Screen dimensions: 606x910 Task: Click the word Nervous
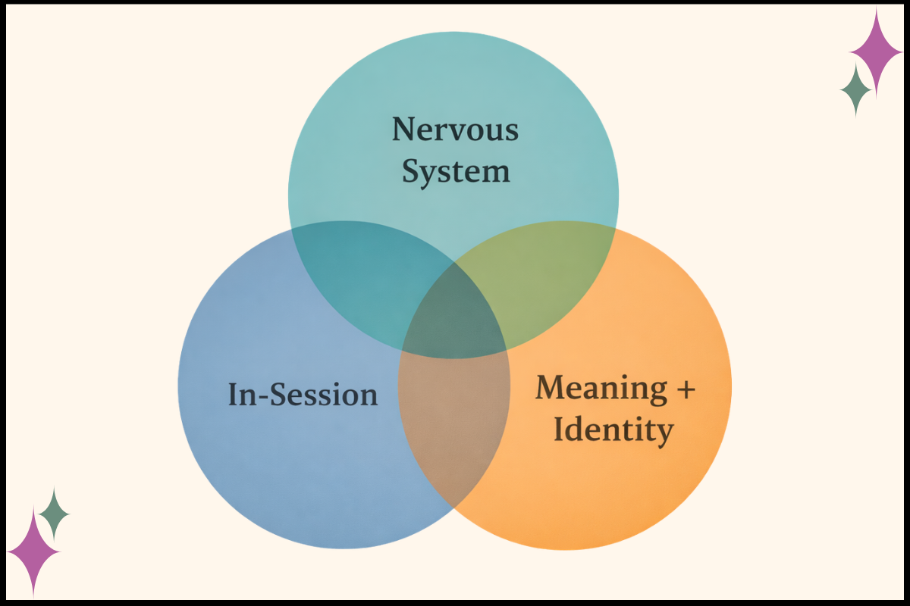tap(455, 130)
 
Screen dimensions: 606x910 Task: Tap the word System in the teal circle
tap(455, 172)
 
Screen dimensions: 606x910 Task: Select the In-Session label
tap(303, 395)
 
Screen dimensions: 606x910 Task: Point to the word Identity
tap(613, 430)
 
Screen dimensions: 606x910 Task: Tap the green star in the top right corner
tap(856, 89)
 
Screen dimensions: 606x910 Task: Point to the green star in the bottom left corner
tap(54, 514)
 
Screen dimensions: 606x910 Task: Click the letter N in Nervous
tap(403, 130)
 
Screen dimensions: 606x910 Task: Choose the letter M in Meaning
tap(551, 388)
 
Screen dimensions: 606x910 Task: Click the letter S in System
tap(410, 172)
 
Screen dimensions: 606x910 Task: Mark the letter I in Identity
tap(559, 430)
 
